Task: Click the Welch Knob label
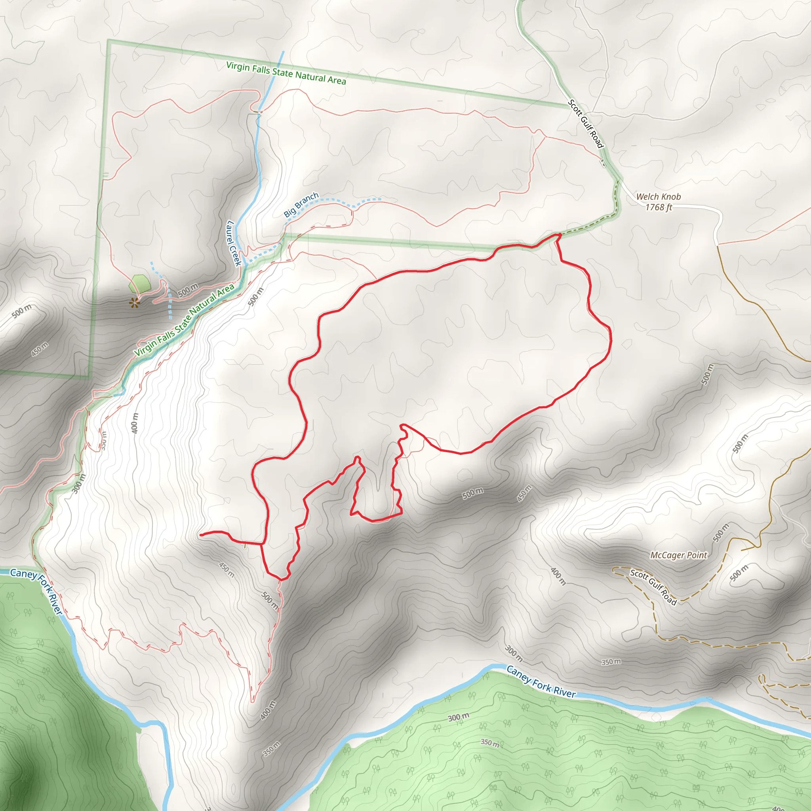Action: tap(658, 196)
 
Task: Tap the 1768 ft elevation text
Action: tap(658, 208)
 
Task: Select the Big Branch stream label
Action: tap(301, 205)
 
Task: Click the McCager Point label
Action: tap(678, 555)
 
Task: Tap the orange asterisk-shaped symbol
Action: tap(134, 302)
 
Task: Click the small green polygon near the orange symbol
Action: tap(140, 284)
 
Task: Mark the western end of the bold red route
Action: tap(201, 535)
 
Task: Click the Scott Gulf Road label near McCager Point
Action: tap(653, 587)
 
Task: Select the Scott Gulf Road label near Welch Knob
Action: tap(586, 124)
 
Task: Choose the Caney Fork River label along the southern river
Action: tap(541, 682)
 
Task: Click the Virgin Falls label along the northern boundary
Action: tap(286, 73)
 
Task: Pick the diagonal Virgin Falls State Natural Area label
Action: tap(184, 320)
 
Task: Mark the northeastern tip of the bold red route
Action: tap(560, 234)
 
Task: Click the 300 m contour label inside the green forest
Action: tap(459, 718)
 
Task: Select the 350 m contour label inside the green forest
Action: tap(489, 742)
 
